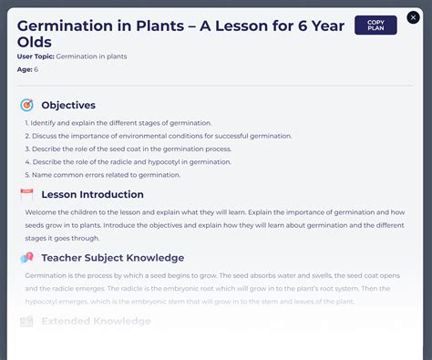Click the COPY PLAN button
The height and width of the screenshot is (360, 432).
tap(375, 25)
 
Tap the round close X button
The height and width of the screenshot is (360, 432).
tap(413, 17)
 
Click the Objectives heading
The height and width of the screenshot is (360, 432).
tap(68, 105)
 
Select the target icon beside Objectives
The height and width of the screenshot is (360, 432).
tap(26, 105)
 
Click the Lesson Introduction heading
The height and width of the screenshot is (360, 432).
tap(92, 194)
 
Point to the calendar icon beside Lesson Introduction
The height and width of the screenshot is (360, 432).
tap(26, 194)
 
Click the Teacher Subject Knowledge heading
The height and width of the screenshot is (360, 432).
tap(112, 258)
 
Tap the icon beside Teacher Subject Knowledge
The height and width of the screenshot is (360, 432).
tap(26, 258)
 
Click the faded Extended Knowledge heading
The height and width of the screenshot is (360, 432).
tap(96, 321)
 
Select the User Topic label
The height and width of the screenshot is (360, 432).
tap(36, 57)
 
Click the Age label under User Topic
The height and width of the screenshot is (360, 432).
tap(24, 69)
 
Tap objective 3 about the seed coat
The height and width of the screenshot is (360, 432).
tap(131, 149)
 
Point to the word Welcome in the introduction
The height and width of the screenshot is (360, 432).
tap(42, 212)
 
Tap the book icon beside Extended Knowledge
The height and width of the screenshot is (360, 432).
tap(26, 322)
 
